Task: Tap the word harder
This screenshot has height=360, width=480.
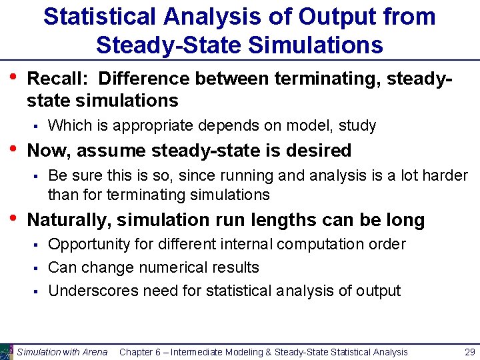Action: pyautogui.click(x=445, y=176)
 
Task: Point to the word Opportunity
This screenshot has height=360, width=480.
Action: pyautogui.click(x=89, y=245)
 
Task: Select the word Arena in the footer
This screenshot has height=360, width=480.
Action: pyautogui.click(x=93, y=352)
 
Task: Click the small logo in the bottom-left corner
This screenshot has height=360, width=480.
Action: pyautogui.click(x=7, y=351)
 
